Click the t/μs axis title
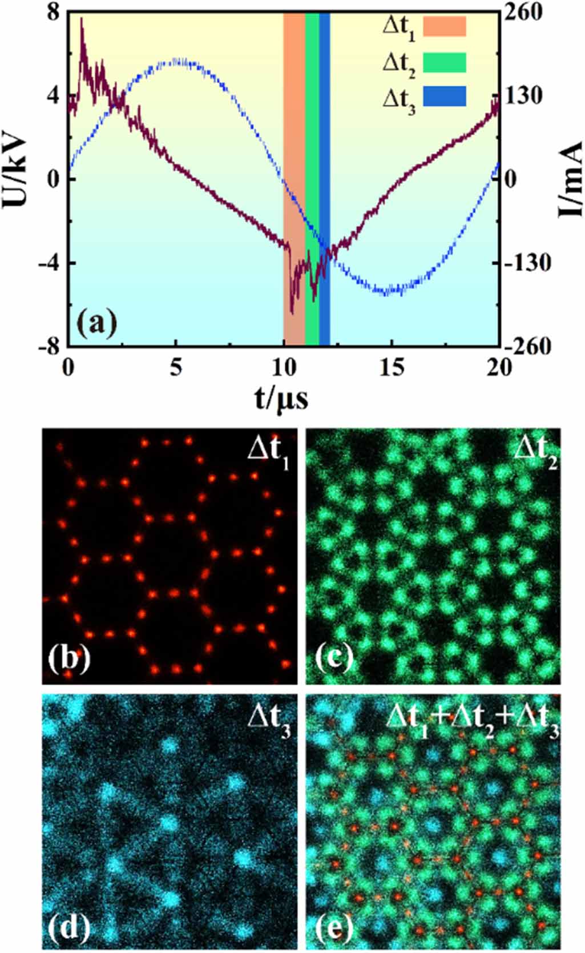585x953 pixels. click(x=281, y=398)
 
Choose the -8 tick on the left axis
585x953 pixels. click(x=53, y=346)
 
